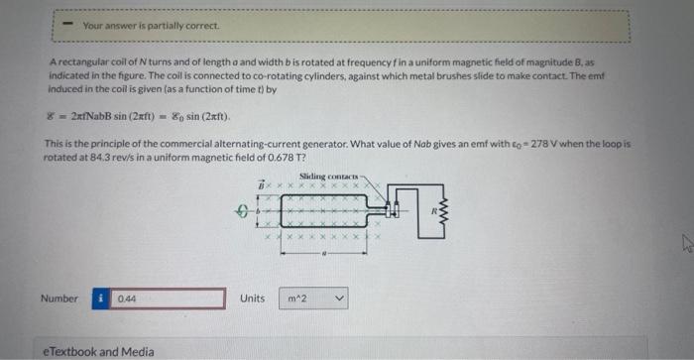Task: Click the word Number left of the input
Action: pyautogui.click(x=58, y=298)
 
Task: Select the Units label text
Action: pyautogui.click(x=252, y=298)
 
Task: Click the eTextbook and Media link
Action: pyautogui.click(x=98, y=351)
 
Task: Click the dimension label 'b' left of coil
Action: pyautogui.click(x=261, y=210)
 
